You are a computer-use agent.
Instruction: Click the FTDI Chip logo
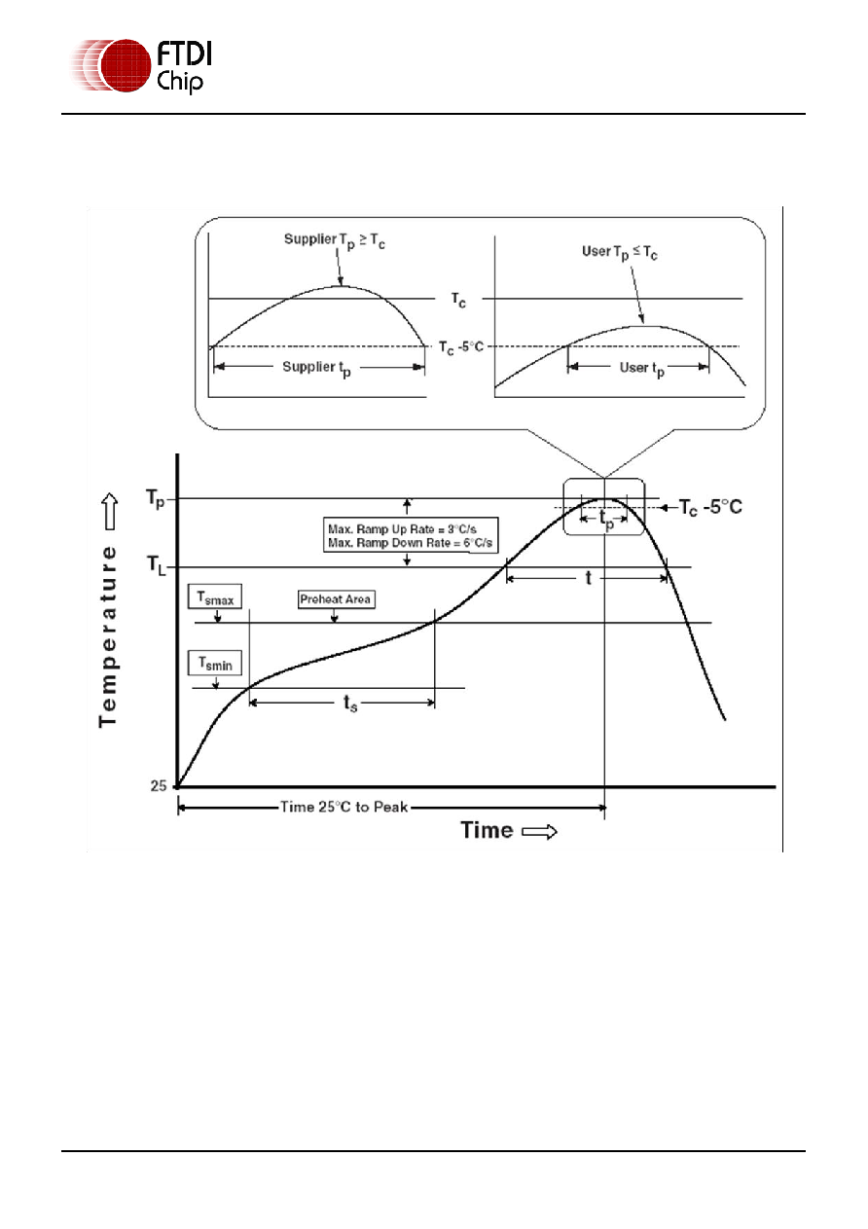click(x=141, y=66)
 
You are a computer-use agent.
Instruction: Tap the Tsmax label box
click(x=215, y=596)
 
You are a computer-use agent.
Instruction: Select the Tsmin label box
click(x=215, y=664)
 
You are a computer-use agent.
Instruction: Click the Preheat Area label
click(x=335, y=599)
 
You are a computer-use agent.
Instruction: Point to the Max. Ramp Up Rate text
click(x=402, y=529)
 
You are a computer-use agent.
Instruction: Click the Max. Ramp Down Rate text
click(x=411, y=543)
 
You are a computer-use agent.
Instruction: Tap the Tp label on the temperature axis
click(x=156, y=499)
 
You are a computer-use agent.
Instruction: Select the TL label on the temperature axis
click(x=156, y=565)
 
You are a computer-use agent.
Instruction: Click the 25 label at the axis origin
click(x=159, y=786)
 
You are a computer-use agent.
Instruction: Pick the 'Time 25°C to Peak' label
click(x=344, y=807)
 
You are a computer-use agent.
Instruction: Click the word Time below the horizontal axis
click(x=487, y=830)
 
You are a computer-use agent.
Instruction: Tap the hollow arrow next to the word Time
click(x=539, y=832)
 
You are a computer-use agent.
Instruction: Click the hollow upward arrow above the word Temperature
click(x=110, y=511)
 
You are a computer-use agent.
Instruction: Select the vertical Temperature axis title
click(x=108, y=636)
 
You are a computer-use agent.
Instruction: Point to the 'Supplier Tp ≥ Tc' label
click(x=334, y=240)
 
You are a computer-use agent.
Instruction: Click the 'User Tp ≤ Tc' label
click(x=620, y=252)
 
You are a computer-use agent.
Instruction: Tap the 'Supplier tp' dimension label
click(x=316, y=368)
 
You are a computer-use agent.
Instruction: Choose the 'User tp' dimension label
click(x=641, y=369)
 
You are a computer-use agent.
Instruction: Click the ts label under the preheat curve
click(x=350, y=703)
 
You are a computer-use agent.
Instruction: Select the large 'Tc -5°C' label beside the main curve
click(x=710, y=507)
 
